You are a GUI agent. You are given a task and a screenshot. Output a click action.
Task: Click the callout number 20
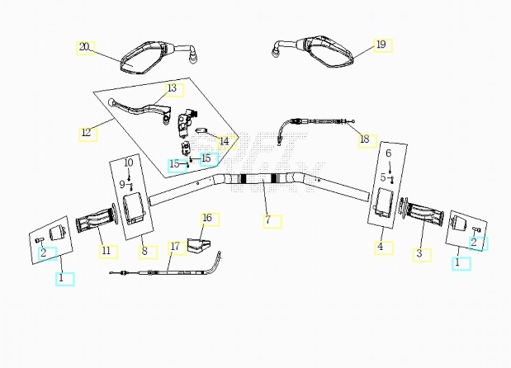pos(84,47)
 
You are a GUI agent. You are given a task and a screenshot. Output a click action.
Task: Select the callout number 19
pos(380,45)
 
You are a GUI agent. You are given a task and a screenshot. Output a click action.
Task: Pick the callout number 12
pos(88,132)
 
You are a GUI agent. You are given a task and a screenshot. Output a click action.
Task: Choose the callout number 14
pos(224,141)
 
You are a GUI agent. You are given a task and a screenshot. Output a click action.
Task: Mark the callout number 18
pos(364,139)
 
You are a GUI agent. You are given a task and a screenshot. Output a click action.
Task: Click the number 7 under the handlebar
pos(267,220)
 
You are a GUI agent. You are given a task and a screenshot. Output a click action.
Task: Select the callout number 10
pos(129,163)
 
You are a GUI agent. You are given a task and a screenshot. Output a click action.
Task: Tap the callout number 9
pos(122,183)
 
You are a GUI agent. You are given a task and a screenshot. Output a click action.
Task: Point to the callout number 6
pos(388,153)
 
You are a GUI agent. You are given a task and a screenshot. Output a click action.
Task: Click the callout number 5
pos(383,177)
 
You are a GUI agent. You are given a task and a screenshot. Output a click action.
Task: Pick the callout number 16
pos(207,218)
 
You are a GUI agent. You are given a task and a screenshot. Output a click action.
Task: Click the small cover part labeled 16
pos(196,244)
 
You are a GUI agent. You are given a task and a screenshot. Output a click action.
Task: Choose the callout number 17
pos(174,246)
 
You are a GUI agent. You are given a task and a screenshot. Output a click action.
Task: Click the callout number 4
pos(381,246)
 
